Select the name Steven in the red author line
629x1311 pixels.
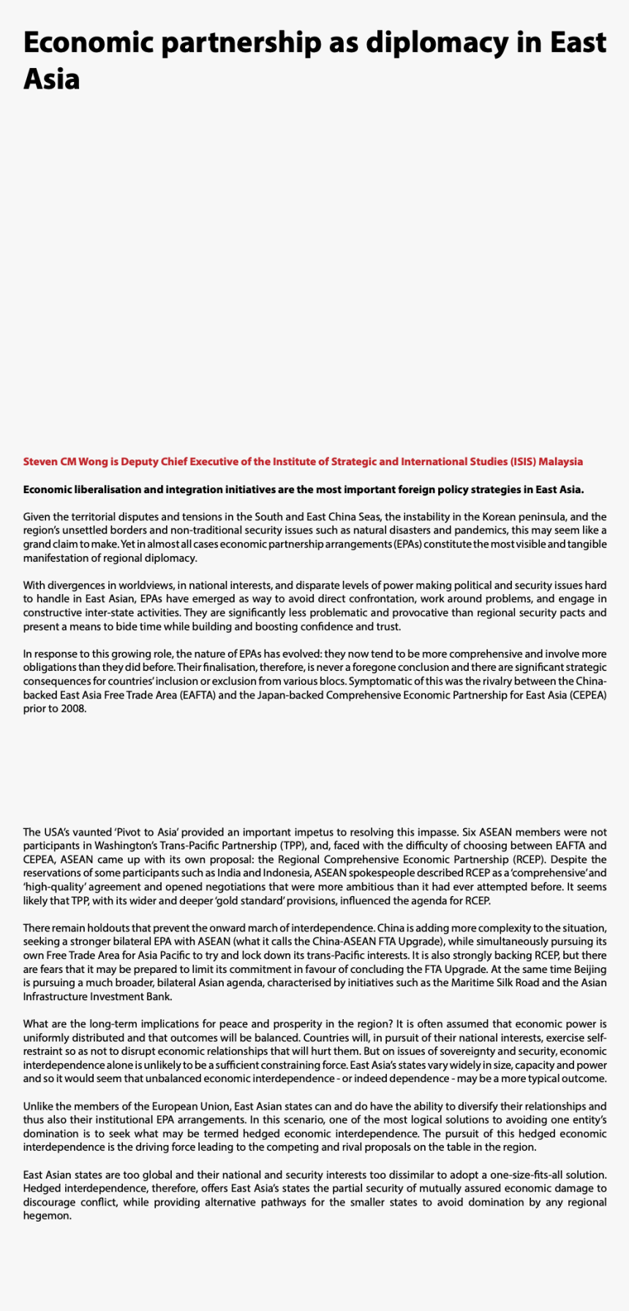point(40,462)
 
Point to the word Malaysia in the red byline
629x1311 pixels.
point(561,462)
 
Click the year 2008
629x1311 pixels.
point(73,709)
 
